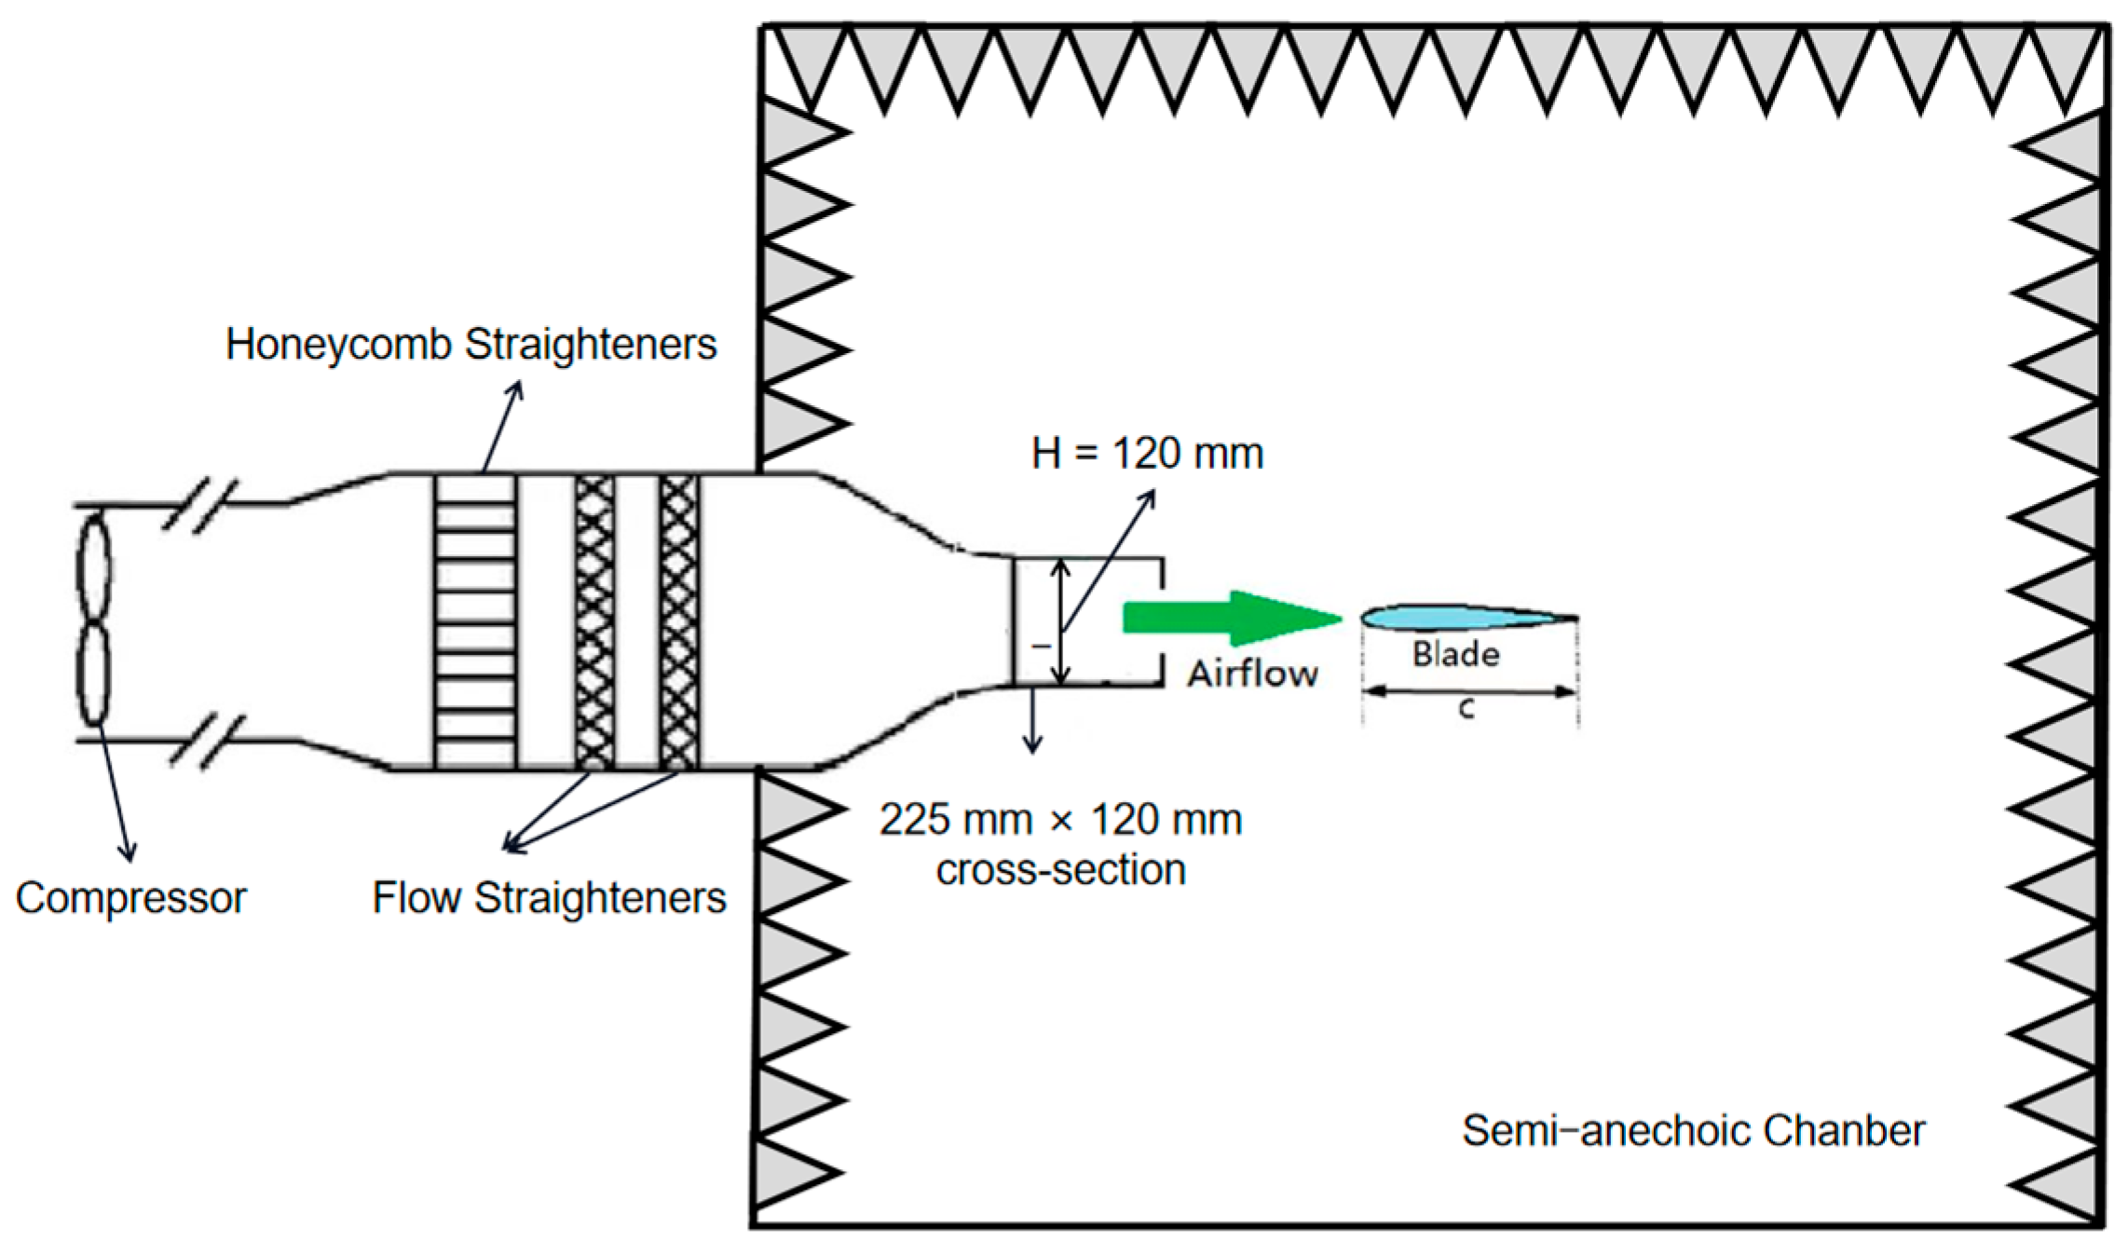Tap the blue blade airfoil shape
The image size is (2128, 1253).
tap(1453, 617)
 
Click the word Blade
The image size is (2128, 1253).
tap(1455, 654)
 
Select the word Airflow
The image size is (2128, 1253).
tap(1252, 674)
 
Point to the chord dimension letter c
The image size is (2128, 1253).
tap(1466, 710)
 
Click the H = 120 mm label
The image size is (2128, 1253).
tap(1147, 454)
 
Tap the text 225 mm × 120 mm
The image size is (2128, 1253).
tap(1060, 820)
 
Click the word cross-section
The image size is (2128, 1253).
tap(1060, 870)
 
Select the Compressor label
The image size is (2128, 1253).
tap(130, 898)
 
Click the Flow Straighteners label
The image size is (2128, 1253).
tap(549, 898)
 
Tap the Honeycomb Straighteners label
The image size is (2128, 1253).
tap(471, 345)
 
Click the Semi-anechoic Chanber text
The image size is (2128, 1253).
tap(1693, 1130)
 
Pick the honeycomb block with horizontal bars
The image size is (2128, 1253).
tap(475, 621)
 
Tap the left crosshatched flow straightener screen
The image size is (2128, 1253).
tap(594, 621)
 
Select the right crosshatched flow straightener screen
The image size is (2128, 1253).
tap(678, 621)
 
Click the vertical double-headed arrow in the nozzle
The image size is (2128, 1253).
tap(1060, 621)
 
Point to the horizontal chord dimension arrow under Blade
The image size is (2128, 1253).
tap(1469, 691)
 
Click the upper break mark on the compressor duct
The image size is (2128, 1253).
tap(200, 504)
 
